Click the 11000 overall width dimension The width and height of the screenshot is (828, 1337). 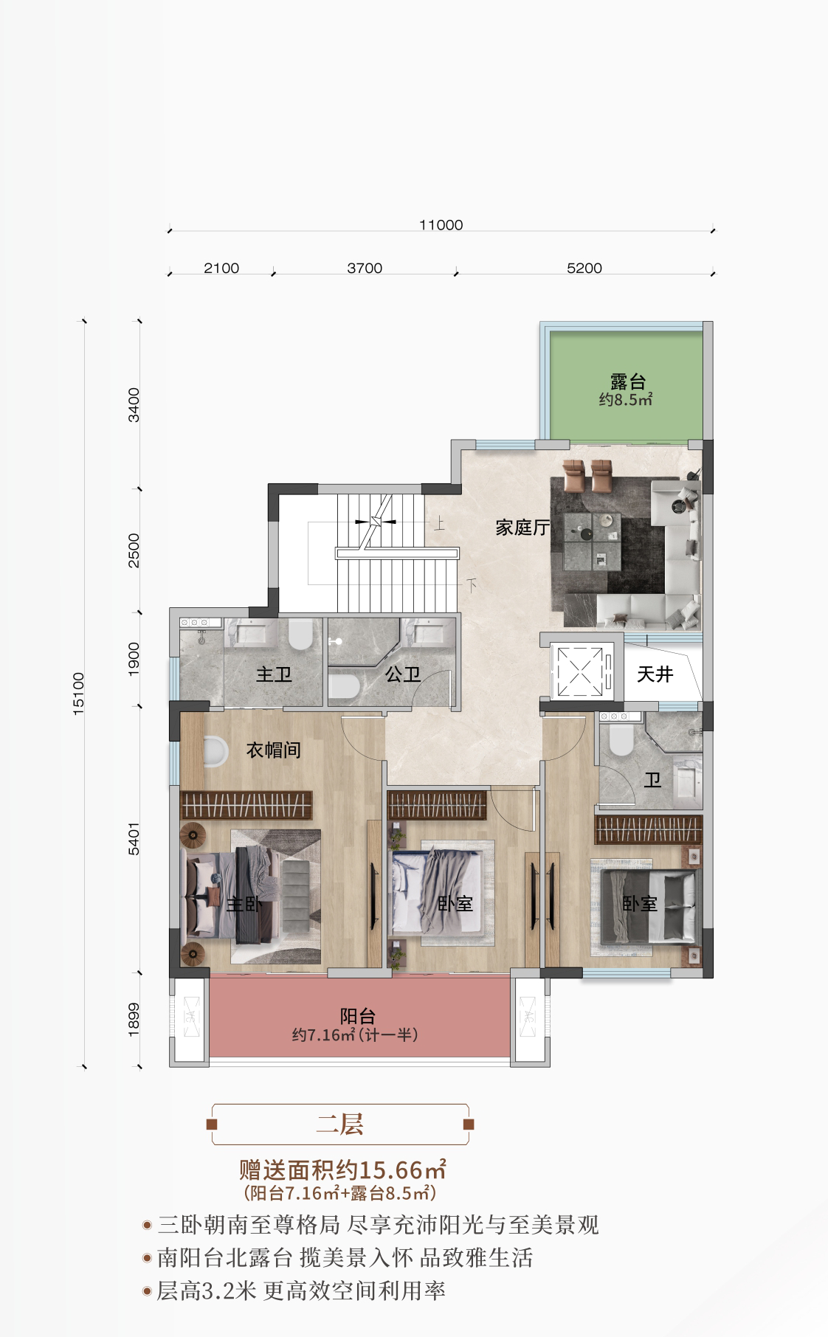coord(441,225)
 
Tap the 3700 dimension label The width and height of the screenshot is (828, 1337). coord(365,268)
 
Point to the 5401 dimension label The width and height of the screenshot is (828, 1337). coord(134,839)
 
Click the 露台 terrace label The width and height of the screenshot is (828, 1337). coord(628,381)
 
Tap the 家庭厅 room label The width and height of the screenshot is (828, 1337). coord(522,528)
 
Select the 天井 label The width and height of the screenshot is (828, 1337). coord(655,674)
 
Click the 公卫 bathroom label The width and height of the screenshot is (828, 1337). coord(403,674)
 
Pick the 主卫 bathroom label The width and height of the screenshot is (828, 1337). coord(274,674)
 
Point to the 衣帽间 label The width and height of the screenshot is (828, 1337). coord(274,750)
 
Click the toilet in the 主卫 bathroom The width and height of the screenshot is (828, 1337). coord(300,634)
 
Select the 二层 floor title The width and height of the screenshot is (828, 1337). coord(340,1124)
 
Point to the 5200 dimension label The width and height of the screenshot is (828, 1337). coord(584,268)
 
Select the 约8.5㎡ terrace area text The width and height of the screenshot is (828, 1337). coord(626,401)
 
